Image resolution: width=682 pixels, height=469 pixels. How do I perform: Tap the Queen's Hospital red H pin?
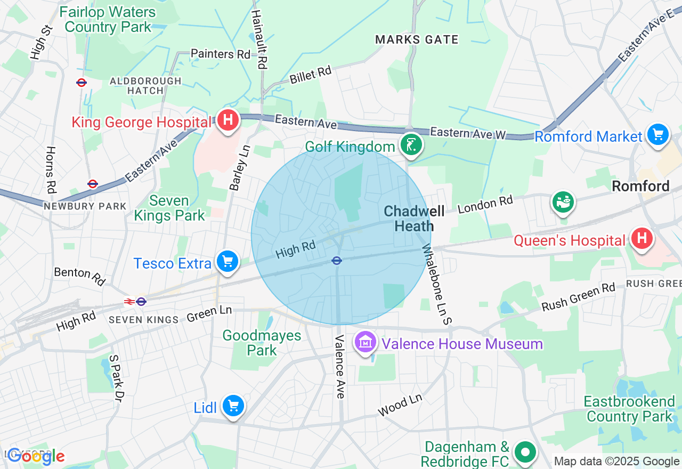tap(642, 239)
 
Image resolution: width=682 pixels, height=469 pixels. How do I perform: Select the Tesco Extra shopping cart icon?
tap(228, 262)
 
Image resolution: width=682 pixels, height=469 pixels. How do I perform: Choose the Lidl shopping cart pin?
tap(233, 407)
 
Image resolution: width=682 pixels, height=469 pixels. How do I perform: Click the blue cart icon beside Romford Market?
tap(657, 134)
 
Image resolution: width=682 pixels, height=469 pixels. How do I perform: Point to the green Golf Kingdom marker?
tap(411, 145)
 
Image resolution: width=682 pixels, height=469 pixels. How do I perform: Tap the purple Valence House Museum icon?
tap(366, 343)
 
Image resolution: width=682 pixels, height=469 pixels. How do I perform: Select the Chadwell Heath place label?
tap(414, 219)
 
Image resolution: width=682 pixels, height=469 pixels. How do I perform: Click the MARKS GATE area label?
tap(417, 39)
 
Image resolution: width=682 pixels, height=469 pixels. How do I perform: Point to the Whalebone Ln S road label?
tap(437, 285)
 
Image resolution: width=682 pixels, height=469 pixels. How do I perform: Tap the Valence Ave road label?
tap(340, 367)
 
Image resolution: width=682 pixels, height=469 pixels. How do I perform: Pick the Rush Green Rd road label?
tap(578, 297)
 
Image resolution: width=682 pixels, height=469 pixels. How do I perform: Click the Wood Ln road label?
tap(400, 406)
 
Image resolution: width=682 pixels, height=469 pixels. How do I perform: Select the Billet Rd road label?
tap(311, 75)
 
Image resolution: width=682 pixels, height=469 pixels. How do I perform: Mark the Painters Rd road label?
tap(220, 54)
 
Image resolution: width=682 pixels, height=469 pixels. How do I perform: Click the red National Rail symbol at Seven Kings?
tap(129, 302)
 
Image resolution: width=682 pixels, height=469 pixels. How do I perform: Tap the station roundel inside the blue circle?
tap(336, 261)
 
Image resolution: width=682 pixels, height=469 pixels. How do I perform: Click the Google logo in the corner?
tap(36, 456)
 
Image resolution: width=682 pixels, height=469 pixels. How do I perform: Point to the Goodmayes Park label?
tap(262, 343)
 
